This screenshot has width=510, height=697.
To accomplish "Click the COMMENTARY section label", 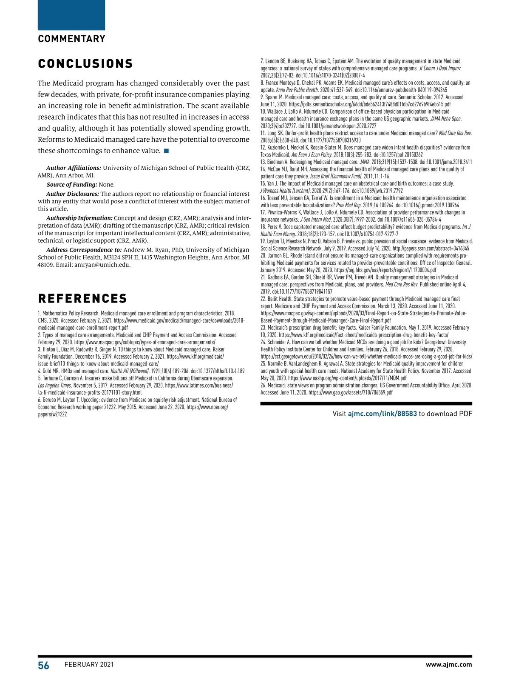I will [x=71, y=39].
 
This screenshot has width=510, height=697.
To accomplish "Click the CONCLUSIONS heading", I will [x=85, y=64].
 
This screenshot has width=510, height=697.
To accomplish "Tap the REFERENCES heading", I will [x=82, y=298].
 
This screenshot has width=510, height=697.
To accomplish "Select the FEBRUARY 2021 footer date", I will [x=89, y=665].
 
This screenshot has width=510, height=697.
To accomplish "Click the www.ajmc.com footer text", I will [x=449, y=664].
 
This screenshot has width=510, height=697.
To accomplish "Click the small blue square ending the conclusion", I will [x=166, y=151].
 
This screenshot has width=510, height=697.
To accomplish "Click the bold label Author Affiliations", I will [x=74, y=168].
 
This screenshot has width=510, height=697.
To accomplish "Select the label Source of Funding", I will [x=72, y=185].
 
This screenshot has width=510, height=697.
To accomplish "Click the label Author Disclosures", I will [x=72, y=194].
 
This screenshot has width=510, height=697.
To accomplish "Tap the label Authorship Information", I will [x=79, y=218].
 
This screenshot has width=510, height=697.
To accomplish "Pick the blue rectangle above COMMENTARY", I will [x=71, y=15].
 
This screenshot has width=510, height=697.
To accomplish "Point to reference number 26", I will [x=263, y=385].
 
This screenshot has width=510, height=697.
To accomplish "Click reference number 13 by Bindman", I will [x=263, y=162].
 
